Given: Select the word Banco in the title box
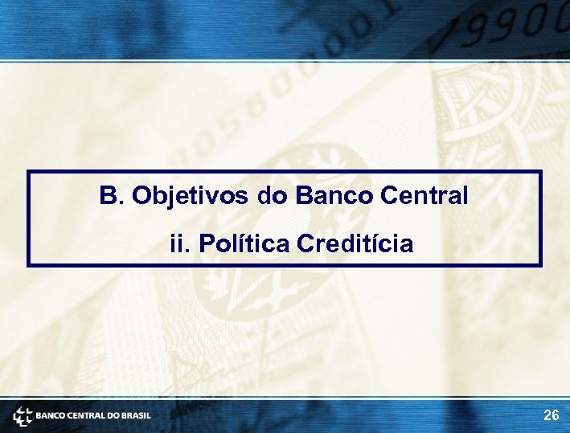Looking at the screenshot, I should (x=337, y=196).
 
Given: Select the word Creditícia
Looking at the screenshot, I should (x=355, y=243).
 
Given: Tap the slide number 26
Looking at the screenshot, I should (x=552, y=415).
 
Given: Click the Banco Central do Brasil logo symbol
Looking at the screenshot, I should (x=23, y=416).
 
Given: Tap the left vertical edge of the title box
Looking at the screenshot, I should (x=29, y=218).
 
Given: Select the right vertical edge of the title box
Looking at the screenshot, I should (x=541, y=218).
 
